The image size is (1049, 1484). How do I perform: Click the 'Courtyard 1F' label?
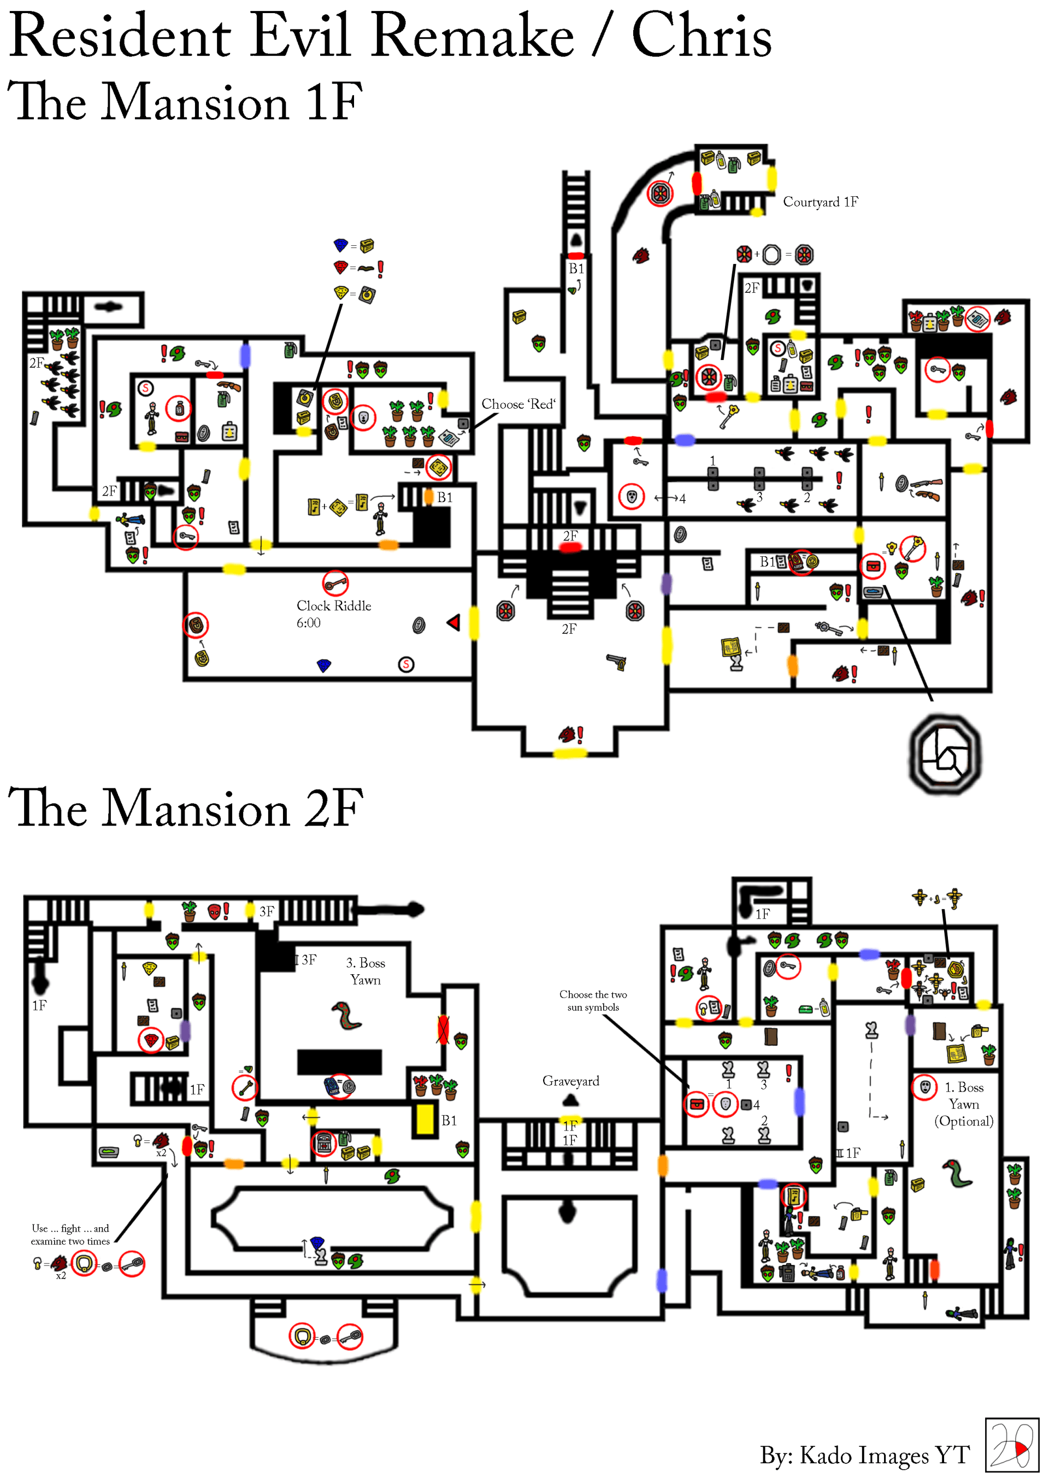tap(820, 202)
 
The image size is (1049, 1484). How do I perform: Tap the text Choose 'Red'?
tap(518, 404)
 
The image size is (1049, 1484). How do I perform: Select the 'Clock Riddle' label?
tap(333, 605)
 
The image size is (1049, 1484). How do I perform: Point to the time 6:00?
tap(308, 622)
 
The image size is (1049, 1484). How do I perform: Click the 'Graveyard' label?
tap(571, 1081)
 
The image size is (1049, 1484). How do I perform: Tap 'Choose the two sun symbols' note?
tap(593, 1000)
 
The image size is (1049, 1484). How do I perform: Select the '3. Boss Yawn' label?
tap(365, 971)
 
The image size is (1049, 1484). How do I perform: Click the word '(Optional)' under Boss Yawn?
tap(964, 1121)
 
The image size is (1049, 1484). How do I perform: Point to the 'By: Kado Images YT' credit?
tap(864, 1454)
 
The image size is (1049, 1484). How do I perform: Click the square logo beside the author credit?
tap(1011, 1445)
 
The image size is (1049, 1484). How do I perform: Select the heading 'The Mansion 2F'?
tap(186, 808)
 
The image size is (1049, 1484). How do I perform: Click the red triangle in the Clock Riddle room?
tap(453, 622)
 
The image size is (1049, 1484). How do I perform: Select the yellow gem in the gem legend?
tap(340, 292)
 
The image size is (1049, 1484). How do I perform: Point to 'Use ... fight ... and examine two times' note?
tap(70, 1234)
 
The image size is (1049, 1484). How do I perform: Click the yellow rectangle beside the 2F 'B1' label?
tap(425, 1120)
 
